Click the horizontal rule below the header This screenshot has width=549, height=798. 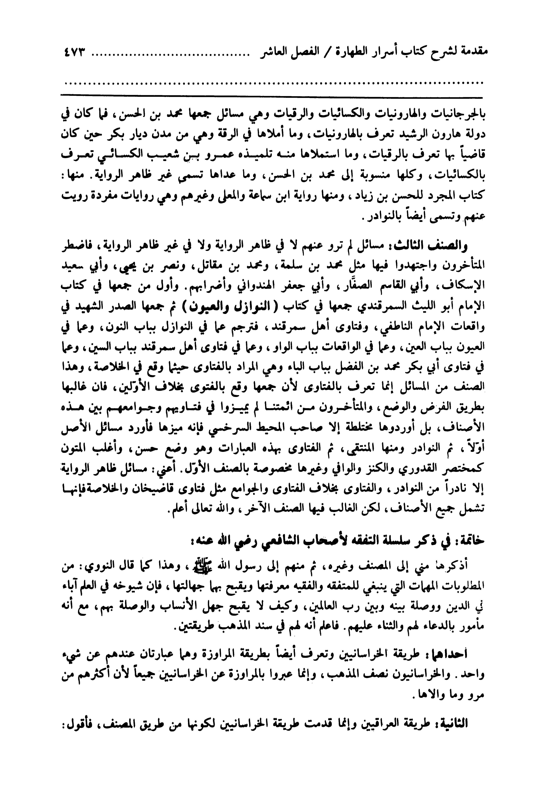[272, 95]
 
